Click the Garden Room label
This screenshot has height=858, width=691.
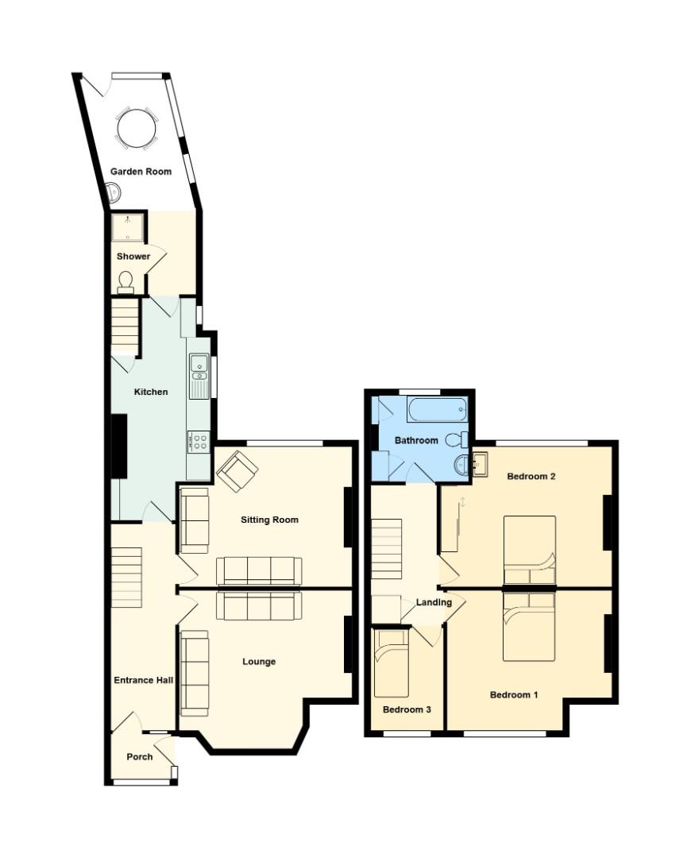141,171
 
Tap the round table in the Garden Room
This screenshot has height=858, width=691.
137,127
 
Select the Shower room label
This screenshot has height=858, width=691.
133,257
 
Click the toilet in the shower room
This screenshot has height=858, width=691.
125,281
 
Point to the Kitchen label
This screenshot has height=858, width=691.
151,392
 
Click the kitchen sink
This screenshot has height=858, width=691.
198,369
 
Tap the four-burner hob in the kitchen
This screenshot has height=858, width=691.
199,441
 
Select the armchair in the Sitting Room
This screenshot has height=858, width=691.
237,471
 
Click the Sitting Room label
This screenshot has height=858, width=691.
270,520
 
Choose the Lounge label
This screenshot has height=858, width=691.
259,661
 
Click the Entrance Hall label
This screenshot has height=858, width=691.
144,680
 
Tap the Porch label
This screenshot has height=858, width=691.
140,756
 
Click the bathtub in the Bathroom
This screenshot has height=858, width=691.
437,410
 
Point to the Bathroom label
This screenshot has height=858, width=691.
417,440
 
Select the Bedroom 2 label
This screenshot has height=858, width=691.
531,477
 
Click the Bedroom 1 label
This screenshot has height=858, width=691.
514,694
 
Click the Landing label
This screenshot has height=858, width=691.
434,602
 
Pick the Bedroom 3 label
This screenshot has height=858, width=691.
407,709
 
